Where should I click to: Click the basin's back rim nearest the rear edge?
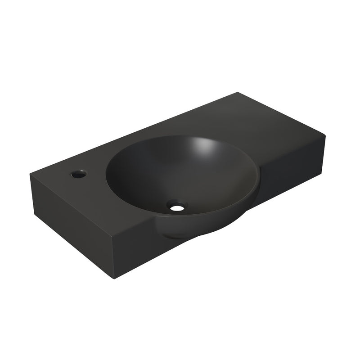[x=180, y=136]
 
